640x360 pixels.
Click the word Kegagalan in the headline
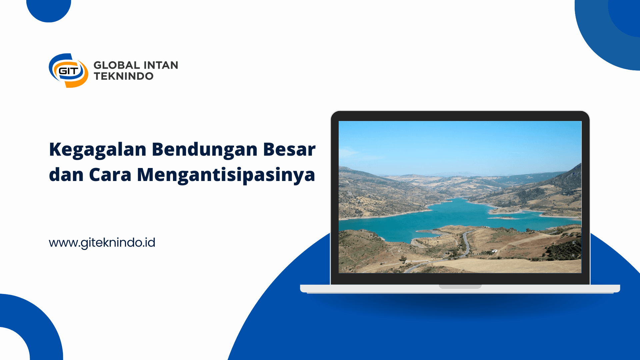(x=98, y=150)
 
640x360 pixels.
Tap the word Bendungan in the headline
(x=205, y=150)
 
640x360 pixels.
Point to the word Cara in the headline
(x=110, y=174)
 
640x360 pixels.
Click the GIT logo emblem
(x=69, y=71)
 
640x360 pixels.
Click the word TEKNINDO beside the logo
(x=124, y=76)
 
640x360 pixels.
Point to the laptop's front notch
(x=460, y=286)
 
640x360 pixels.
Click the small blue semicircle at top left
(x=49, y=10)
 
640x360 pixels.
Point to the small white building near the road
(x=494, y=251)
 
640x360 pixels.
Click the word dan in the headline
(x=66, y=174)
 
